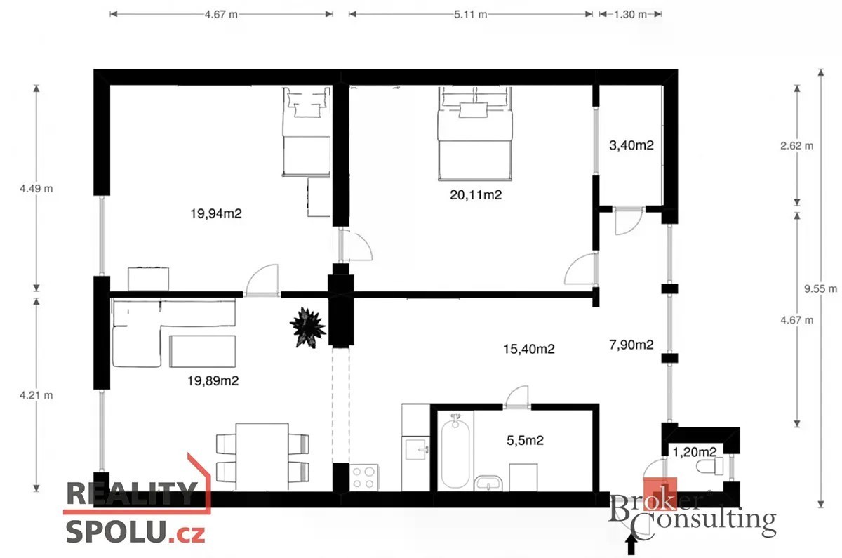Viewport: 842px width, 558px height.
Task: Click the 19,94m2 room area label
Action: tap(216, 213)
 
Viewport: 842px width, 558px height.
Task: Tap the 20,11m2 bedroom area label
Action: tap(476, 195)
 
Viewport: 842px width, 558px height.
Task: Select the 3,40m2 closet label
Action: tap(631, 145)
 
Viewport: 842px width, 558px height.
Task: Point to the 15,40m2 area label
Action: tap(529, 349)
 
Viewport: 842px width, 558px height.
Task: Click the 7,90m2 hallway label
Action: tap(631, 345)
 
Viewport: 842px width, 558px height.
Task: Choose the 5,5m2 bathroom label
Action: tap(525, 440)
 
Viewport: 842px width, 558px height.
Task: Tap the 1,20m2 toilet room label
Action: tap(694, 452)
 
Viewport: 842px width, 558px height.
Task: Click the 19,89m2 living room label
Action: tap(213, 380)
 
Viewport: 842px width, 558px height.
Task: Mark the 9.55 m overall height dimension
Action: tap(820, 288)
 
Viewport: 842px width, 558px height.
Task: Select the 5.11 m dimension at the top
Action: tap(471, 14)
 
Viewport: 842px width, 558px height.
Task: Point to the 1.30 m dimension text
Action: tap(630, 14)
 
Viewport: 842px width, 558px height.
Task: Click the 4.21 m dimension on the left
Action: tap(36, 395)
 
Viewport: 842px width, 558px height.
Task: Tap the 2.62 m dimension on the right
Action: tap(797, 145)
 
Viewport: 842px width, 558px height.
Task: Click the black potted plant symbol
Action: tap(308, 328)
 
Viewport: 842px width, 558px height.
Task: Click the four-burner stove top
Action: tap(364, 478)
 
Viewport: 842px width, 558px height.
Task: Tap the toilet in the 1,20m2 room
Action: tap(709, 467)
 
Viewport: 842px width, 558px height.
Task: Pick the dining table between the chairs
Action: tap(262, 457)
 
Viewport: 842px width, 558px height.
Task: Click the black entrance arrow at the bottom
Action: tap(631, 545)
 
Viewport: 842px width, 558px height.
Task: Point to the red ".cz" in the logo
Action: tap(187, 533)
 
